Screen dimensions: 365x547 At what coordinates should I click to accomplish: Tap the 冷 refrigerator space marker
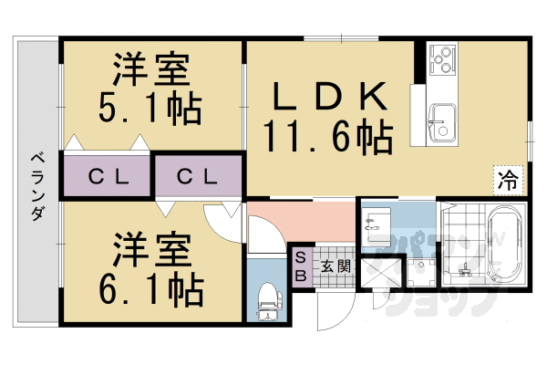[x=507, y=180]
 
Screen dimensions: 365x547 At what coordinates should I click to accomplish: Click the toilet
[x=268, y=297]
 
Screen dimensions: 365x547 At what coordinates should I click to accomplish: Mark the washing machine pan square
[x=420, y=273]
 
